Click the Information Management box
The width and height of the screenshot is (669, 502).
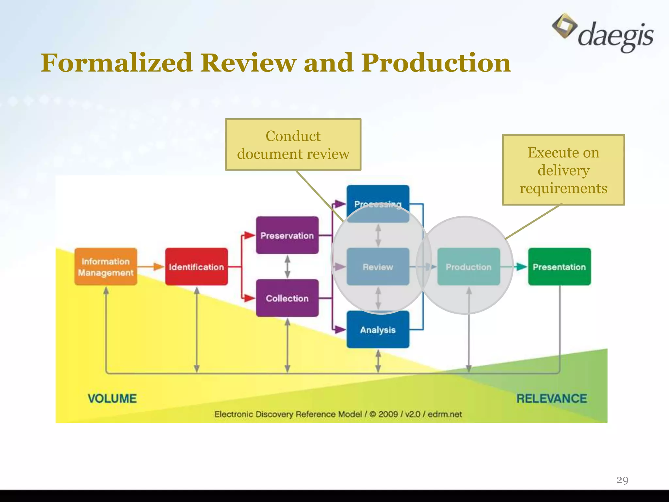pos(106,267)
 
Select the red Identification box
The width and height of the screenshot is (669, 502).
pos(196,267)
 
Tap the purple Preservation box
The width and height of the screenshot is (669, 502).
pos(287,235)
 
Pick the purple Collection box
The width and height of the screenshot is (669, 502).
pos(287,298)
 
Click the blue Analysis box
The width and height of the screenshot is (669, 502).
pos(378,329)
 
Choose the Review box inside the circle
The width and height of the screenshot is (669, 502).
pos(378,267)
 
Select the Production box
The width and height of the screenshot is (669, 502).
pos(468,267)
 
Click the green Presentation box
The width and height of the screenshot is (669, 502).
pos(559,267)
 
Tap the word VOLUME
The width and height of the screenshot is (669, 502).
pos(112,398)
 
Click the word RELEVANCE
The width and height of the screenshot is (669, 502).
pos(551,398)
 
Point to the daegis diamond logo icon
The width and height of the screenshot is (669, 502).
pos(564,26)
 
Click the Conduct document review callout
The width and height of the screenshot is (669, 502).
pos(293,144)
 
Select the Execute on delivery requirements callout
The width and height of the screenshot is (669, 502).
pos(563,170)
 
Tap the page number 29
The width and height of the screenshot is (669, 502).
pos(622,480)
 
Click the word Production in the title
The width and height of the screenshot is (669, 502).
pos(436,63)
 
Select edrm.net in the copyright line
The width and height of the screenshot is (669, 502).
pos(445,414)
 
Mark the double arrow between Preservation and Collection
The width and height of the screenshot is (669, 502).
pos(287,267)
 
